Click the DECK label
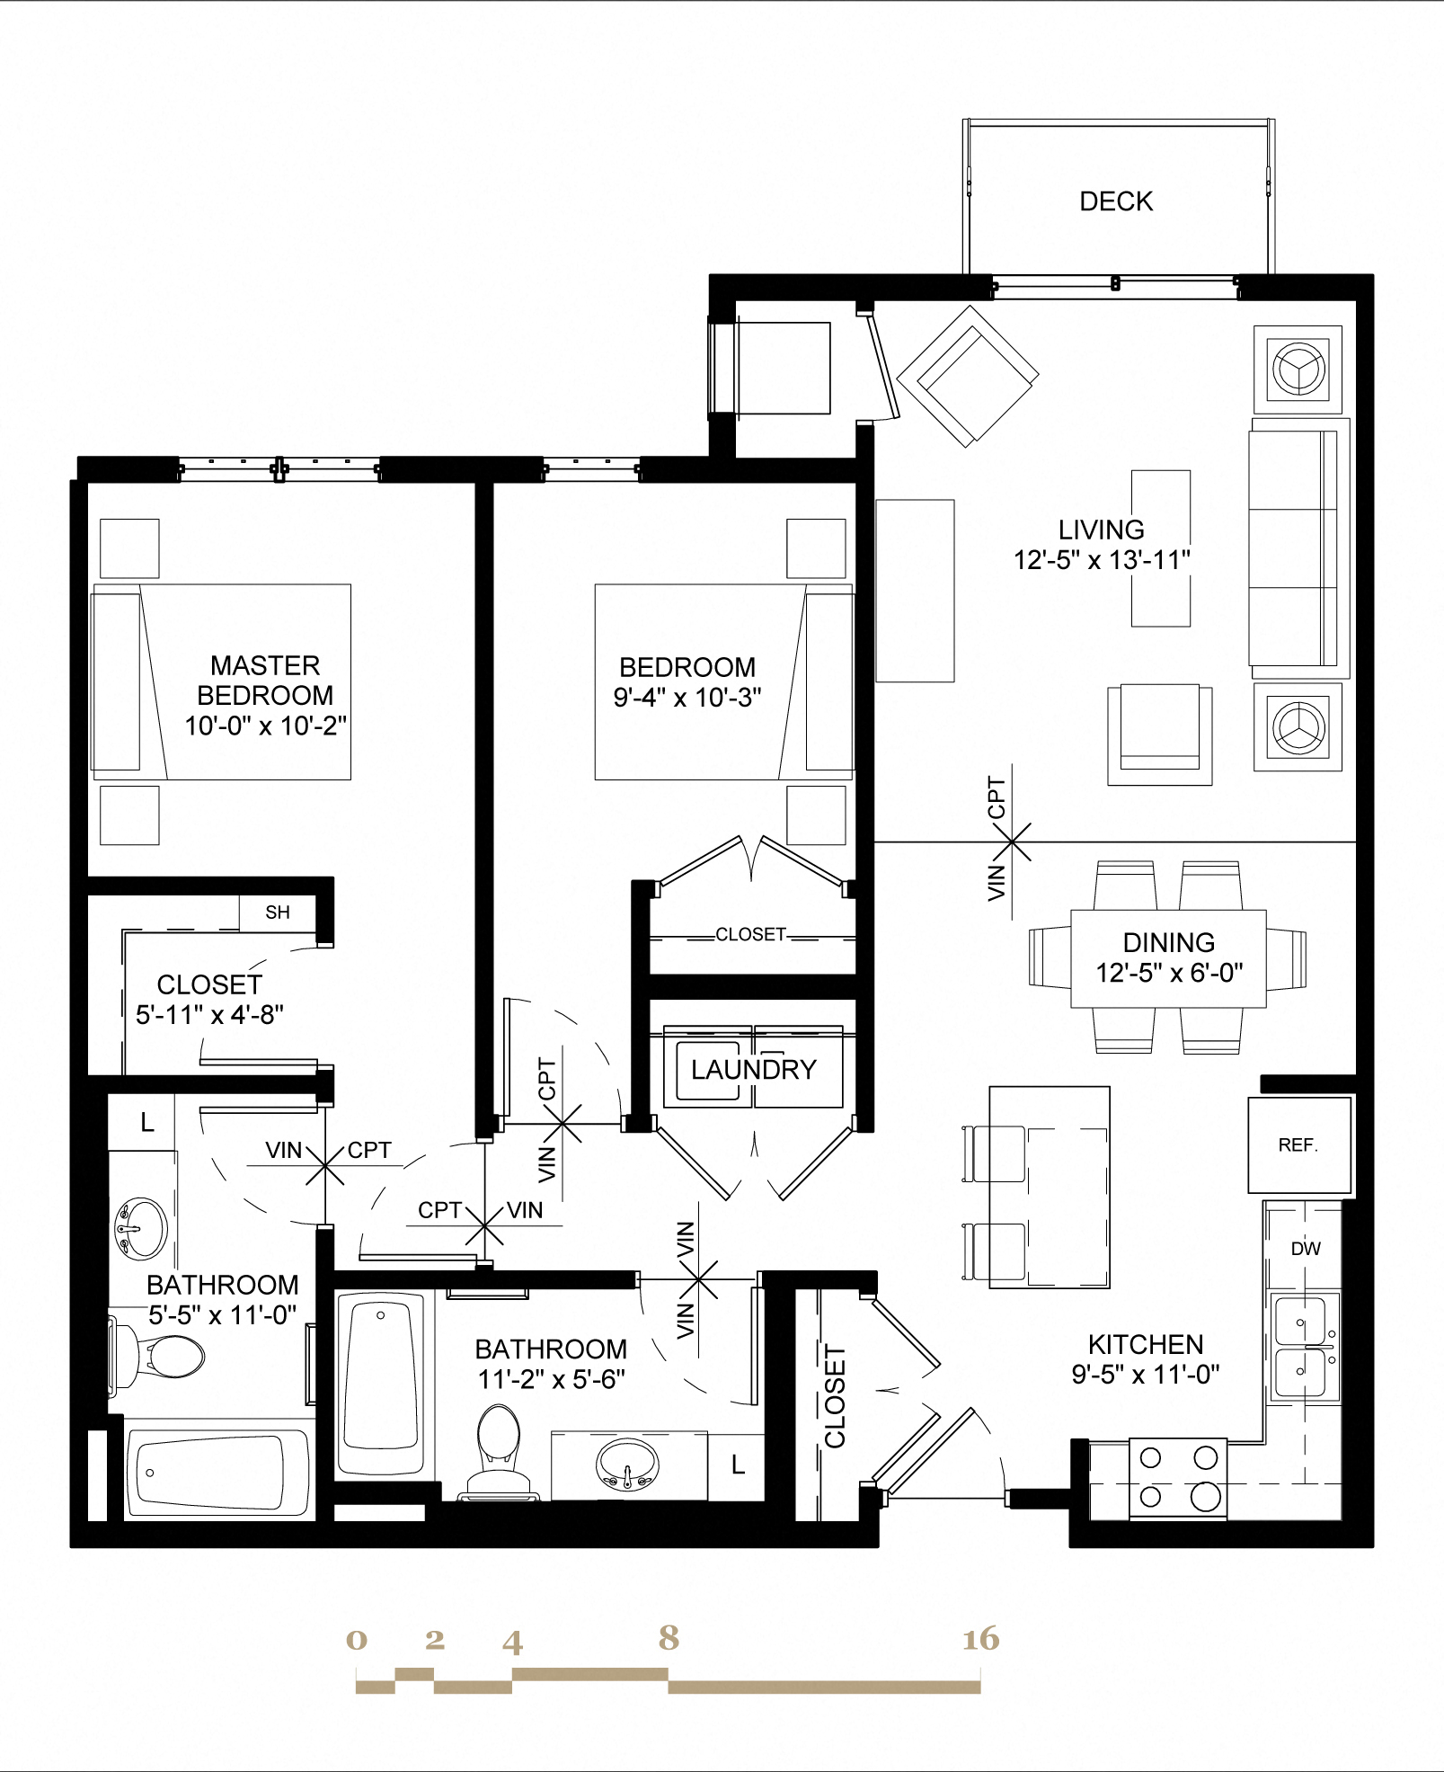(x=1115, y=201)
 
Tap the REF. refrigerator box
(x=1298, y=1144)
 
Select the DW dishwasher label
(x=1305, y=1249)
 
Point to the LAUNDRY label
(x=753, y=1070)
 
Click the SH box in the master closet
(x=278, y=913)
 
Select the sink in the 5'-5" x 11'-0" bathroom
(x=141, y=1228)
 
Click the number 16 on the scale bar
(x=980, y=1639)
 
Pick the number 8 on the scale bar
(x=668, y=1638)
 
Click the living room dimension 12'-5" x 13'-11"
(x=1102, y=560)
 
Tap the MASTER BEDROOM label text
(x=265, y=681)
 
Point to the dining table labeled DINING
(x=1168, y=958)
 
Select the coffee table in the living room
(x=1160, y=548)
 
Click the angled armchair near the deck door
(x=967, y=376)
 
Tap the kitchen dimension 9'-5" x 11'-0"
(x=1145, y=1375)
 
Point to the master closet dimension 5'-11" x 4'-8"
(x=209, y=1015)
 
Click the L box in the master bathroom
(x=146, y=1122)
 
